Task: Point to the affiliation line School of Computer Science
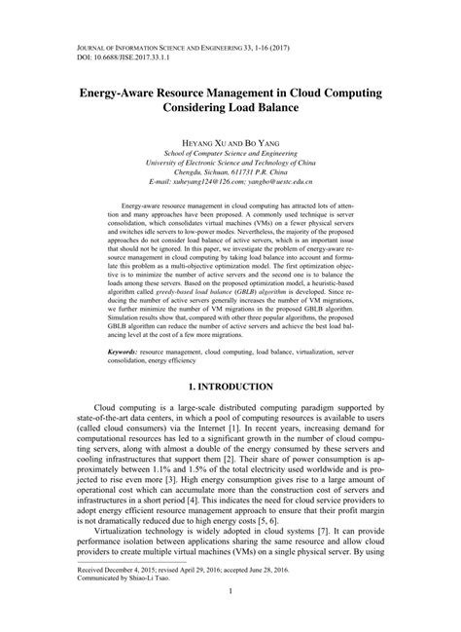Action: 230,153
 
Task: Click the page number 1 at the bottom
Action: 230,616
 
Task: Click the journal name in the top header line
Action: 146,46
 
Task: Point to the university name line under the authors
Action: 230,163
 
